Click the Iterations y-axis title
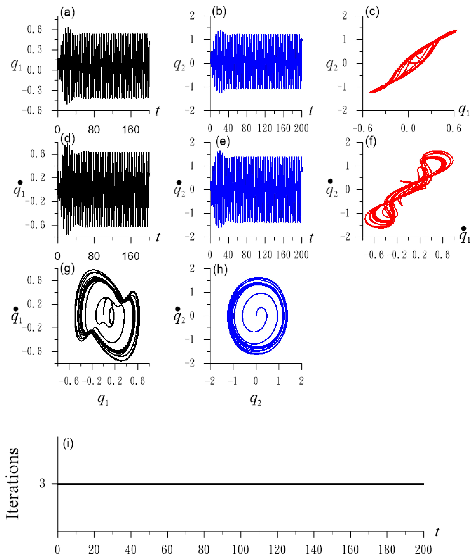point(13,483)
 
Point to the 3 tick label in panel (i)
point(42,484)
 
